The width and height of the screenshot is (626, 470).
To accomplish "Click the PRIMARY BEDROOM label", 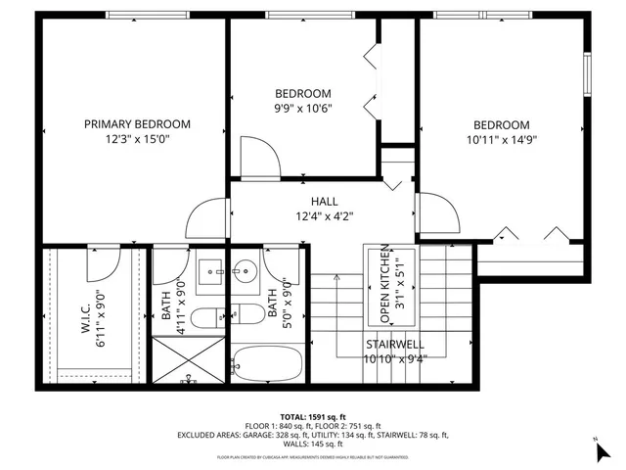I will (x=137, y=124).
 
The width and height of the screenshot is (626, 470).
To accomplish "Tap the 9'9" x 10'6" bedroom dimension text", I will (x=302, y=109).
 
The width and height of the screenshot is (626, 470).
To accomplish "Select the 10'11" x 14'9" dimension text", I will (x=502, y=139).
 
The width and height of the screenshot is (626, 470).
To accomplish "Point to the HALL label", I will (x=324, y=201).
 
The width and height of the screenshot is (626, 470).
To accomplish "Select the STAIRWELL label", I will (x=393, y=345).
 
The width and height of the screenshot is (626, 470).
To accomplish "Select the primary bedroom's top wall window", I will (x=136, y=15).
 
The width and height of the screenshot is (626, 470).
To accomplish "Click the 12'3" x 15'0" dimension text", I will (x=137, y=139).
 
